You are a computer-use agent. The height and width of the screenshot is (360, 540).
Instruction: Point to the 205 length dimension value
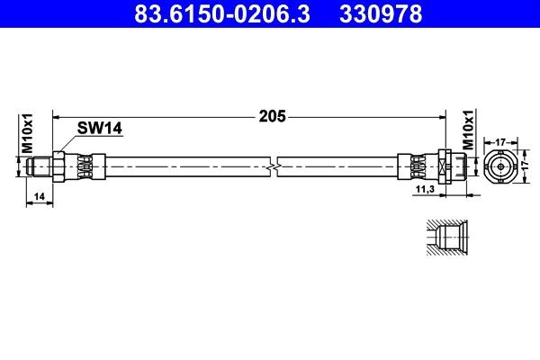coord(272,115)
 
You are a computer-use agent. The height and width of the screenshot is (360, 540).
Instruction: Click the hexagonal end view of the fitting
coord(499,166)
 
